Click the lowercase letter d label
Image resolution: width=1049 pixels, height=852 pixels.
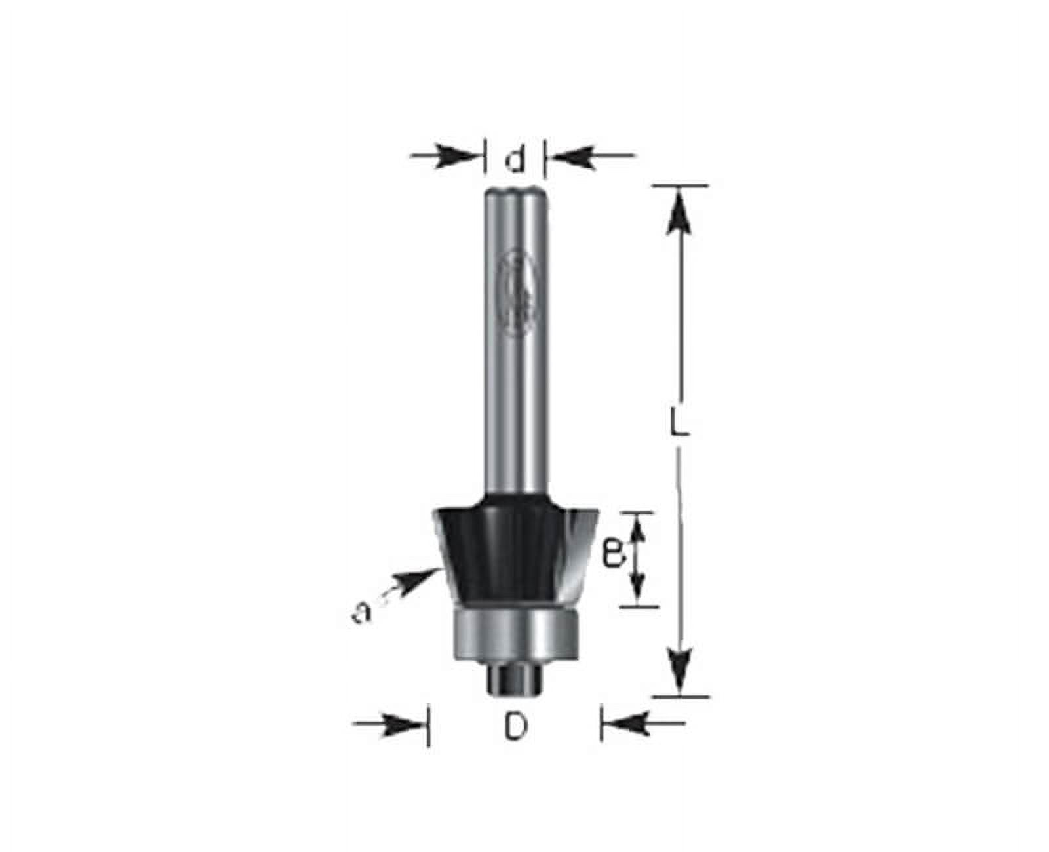(x=517, y=160)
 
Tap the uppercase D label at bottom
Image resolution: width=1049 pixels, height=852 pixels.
(x=516, y=727)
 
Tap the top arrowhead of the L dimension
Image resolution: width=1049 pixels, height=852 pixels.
(x=679, y=211)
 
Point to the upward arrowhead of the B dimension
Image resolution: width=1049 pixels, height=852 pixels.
(x=637, y=530)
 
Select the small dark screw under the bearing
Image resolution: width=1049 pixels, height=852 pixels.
(x=516, y=678)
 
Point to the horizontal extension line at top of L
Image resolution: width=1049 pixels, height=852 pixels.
(x=680, y=185)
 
